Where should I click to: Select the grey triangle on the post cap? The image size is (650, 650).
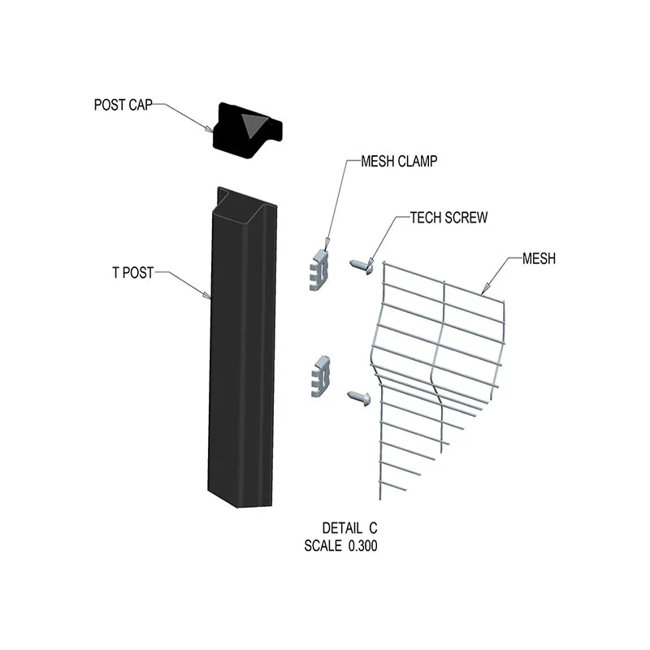pos(253,124)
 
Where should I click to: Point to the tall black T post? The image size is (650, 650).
pos(239,366)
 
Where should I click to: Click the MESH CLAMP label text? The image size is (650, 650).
pos(398,162)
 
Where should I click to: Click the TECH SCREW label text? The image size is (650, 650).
pos(448,218)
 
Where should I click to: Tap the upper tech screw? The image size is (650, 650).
pos(361,265)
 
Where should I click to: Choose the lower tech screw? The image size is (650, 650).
pos(358,396)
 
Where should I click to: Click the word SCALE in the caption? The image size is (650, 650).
pos(323,547)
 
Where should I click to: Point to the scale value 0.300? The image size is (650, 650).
pos(362,547)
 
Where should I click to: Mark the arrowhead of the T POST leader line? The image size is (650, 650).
pos(210,297)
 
